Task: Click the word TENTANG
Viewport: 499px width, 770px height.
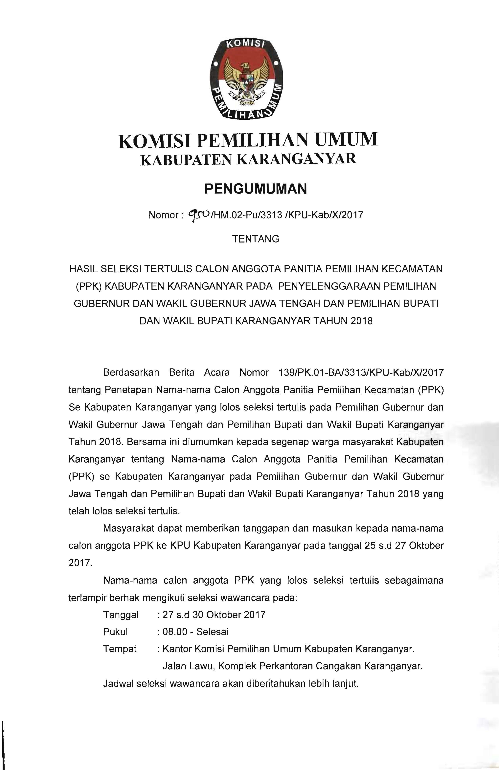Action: coord(256,239)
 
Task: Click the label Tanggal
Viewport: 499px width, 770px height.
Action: coord(121,615)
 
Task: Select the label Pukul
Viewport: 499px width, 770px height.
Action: coord(115,632)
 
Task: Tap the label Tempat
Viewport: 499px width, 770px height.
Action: coord(120,649)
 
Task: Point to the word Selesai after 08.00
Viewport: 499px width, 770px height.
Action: coord(212,632)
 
